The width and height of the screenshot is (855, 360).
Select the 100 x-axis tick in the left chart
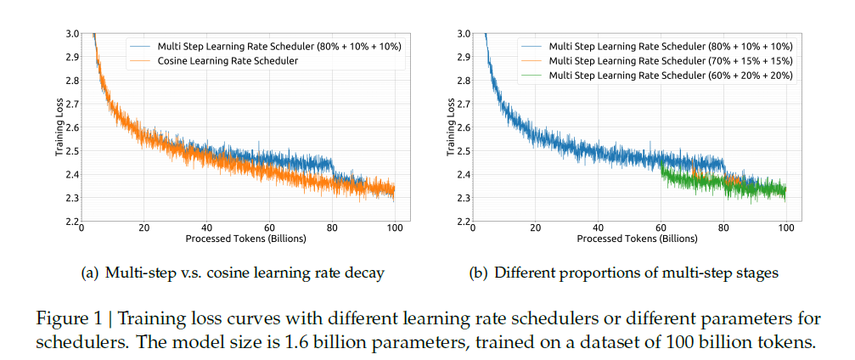click(395, 228)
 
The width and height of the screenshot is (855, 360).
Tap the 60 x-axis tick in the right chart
click(661, 228)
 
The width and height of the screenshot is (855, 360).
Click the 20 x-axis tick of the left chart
click(143, 228)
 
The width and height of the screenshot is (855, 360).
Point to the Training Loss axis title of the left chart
click(60, 128)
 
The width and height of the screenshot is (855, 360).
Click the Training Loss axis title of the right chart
click(452, 128)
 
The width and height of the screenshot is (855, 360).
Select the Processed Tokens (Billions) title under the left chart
click(238, 239)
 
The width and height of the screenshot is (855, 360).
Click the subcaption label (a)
click(89, 273)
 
